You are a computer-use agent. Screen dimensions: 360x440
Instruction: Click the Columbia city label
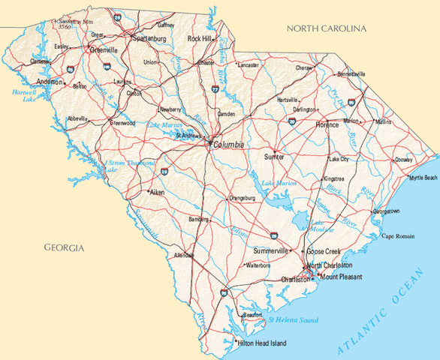229,145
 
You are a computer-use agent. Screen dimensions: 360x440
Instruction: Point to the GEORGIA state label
64,247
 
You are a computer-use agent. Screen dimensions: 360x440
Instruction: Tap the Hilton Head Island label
263,343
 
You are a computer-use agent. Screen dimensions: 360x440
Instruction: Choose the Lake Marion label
258,183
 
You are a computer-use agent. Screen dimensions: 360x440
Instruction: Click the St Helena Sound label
288,320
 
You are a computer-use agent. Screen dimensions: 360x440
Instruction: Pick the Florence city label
327,124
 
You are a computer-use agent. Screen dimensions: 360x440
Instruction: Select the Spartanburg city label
149,37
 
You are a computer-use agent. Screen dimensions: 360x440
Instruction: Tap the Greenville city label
104,50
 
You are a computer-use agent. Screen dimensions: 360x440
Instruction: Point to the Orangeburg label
242,198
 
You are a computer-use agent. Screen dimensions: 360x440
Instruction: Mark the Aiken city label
157,193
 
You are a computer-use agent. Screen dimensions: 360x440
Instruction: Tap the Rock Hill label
199,37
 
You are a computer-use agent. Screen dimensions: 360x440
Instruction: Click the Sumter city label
275,157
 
